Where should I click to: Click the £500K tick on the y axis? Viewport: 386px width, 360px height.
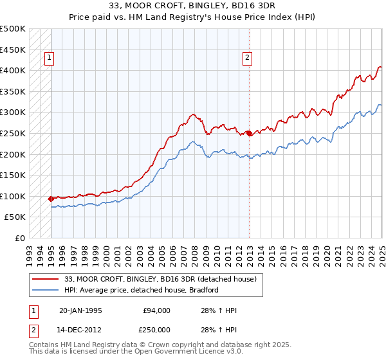(x=13, y=29)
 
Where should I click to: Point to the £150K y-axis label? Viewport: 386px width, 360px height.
(x=13, y=175)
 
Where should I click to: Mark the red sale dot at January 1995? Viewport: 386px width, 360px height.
(x=51, y=199)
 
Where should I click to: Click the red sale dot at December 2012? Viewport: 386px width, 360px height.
(x=249, y=133)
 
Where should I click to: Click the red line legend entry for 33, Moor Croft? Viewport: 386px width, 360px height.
(x=160, y=279)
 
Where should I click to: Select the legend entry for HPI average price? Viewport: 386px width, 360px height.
(x=142, y=290)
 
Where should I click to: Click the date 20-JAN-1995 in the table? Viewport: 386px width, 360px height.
(x=80, y=310)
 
